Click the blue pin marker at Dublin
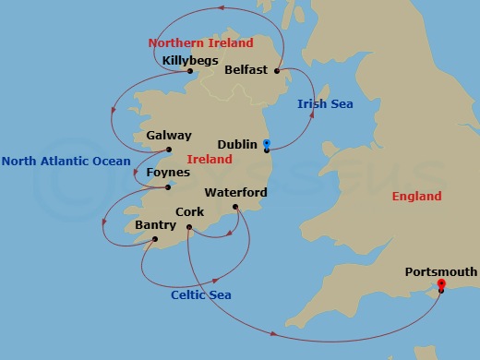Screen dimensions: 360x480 point(266,144)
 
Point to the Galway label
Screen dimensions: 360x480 point(169,136)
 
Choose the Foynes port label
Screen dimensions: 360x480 point(168,173)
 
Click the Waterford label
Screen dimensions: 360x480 point(235,193)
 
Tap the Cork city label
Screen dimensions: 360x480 point(189,212)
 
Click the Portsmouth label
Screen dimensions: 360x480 point(441,271)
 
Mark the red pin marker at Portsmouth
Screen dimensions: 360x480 point(441,283)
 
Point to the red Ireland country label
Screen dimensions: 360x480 point(209,160)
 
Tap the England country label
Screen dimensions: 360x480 point(416,196)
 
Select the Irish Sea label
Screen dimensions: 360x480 point(325,103)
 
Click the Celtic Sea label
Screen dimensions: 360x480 point(201,295)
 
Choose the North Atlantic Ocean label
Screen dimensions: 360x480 point(66,162)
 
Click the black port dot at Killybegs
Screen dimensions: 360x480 point(188,71)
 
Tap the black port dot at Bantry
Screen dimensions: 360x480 point(154,239)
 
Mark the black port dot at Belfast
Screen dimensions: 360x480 point(278,70)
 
